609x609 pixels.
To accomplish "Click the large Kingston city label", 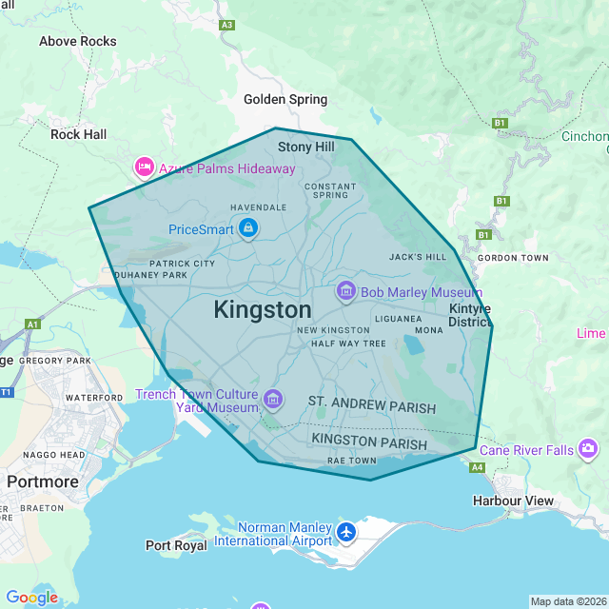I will tap(263, 310).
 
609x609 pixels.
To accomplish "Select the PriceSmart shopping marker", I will tap(248, 228).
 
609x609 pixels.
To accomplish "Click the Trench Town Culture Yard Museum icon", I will tap(273, 398).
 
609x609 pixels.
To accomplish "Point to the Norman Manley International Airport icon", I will tap(346, 532).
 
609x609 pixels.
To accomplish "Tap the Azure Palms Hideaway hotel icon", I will tap(145, 168).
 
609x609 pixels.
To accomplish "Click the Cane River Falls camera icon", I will tap(588, 448).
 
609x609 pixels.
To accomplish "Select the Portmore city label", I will tap(43, 481).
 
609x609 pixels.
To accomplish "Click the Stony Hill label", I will tap(306, 147).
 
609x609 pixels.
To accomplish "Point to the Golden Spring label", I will tap(285, 99).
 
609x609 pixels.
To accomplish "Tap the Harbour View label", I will tap(513, 501).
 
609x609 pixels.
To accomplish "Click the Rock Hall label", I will tap(79, 134).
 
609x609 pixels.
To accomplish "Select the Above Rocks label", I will tap(78, 41).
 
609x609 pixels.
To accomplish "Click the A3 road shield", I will tap(226, 25).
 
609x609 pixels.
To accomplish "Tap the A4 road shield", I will tap(477, 467).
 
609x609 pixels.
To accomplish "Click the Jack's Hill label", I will tap(418, 257).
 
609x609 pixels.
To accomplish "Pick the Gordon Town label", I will tap(513, 258).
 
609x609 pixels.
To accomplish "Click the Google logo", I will tap(32, 598).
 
